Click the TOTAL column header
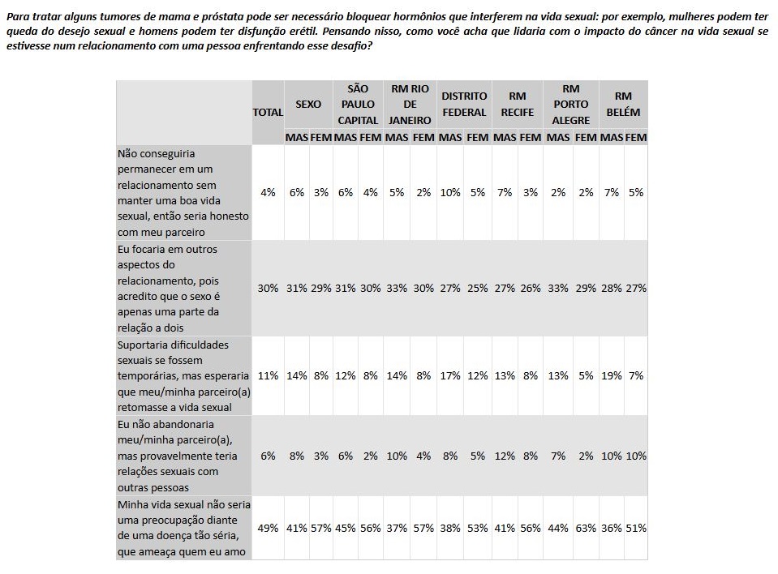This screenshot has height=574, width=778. pyautogui.click(x=268, y=113)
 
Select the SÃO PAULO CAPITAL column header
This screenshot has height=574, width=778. pyautogui.click(x=358, y=104)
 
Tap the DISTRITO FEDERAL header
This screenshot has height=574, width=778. pyautogui.click(x=464, y=104)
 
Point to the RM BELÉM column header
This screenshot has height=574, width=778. pyautogui.click(x=623, y=104)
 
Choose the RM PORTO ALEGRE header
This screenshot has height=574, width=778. pyautogui.click(x=570, y=104)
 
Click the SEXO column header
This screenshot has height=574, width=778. pyautogui.click(x=308, y=104)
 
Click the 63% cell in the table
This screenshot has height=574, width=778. pyautogui.click(x=585, y=528)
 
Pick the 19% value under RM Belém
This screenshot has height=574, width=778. pyautogui.click(x=612, y=375)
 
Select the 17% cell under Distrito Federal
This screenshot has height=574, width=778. pyautogui.click(x=450, y=375)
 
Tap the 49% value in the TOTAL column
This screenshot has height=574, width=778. pyautogui.click(x=268, y=528)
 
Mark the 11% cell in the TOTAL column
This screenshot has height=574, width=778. pyautogui.click(x=268, y=375)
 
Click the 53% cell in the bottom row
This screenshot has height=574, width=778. pyautogui.click(x=478, y=528)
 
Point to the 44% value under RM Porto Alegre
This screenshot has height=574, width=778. pyautogui.click(x=558, y=528)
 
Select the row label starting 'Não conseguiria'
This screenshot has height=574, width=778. pyautogui.click(x=183, y=192)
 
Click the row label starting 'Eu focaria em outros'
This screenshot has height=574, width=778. pyautogui.click(x=183, y=288)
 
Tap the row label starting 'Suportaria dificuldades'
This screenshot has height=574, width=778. pyautogui.click(x=183, y=375)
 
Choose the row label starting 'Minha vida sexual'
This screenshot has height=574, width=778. pyautogui.click(x=183, y=528)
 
